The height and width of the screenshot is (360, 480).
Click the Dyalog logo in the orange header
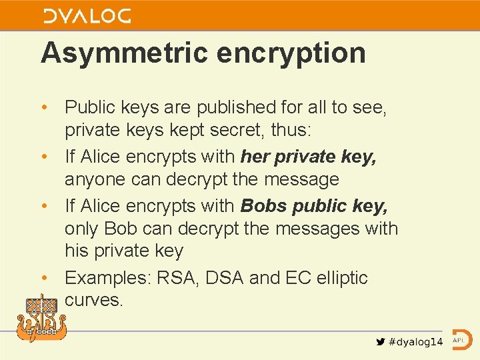pos(87,16)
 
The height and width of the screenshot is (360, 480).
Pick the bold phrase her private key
pos(308,157)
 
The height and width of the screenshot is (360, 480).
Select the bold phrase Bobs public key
pos(314,205)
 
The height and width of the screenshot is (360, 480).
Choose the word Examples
pos(107,277)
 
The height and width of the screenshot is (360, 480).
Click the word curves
pos(94,300)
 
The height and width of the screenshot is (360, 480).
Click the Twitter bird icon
pos(380,341)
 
